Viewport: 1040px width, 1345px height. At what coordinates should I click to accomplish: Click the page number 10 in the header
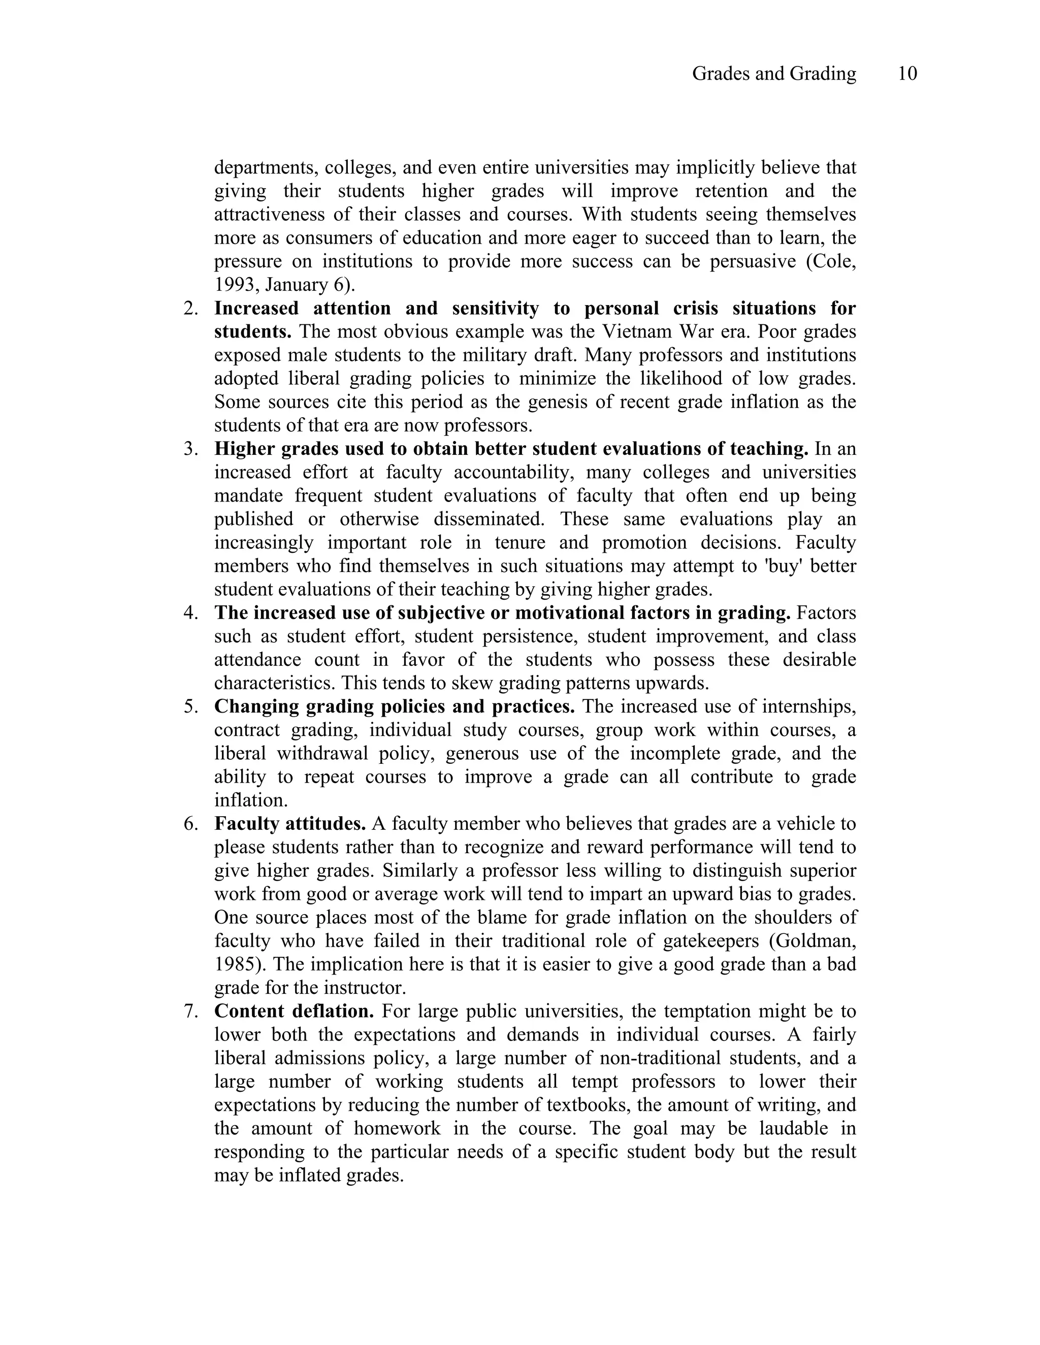[907, 74]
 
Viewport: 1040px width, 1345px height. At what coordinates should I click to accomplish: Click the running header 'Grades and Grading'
[774, 74]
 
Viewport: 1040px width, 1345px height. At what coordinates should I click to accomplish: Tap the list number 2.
[190, 309]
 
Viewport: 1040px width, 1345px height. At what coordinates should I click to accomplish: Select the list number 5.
[190, 707]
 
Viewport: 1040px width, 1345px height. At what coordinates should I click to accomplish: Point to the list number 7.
[190, 1011]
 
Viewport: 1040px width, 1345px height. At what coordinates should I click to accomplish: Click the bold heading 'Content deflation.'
[295, 1011]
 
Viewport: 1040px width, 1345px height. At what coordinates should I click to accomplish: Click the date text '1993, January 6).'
[285, 285]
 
